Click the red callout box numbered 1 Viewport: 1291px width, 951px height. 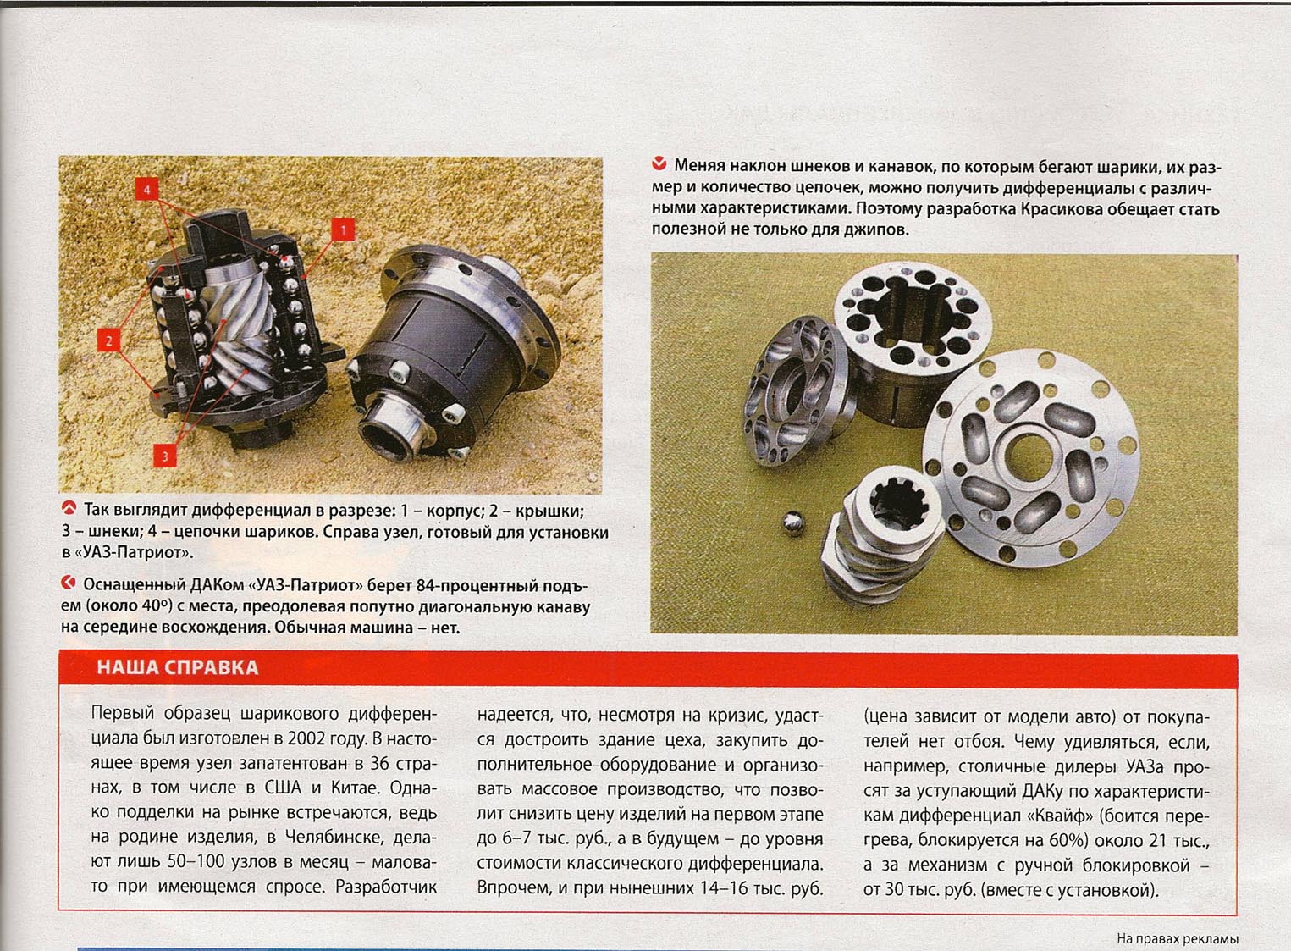tap(343, 229)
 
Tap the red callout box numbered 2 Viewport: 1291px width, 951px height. tap(109, 340)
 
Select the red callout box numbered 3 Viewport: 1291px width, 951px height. tap(165, 456)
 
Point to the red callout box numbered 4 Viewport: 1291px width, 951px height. tap(147, 189)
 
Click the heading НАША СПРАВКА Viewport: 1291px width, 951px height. tap(178, 667)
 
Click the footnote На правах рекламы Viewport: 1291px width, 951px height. tap(1178, 938)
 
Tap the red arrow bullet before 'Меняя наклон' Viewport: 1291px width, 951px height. tap(659, 165)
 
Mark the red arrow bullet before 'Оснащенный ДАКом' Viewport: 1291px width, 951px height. tap(69, 584)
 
